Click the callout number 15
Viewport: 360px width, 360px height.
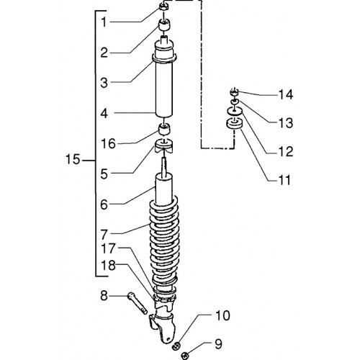[73, 159]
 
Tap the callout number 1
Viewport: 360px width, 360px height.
[104, 22]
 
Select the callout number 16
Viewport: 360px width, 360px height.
[108, 144]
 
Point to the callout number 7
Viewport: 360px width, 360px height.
[104, 235]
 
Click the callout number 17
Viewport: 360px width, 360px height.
[108, 248]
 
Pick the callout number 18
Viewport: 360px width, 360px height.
[108, 266]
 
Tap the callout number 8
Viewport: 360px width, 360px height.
[104, 296]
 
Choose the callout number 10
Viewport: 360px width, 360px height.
[222, 315]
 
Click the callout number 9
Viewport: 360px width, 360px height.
[218, 344]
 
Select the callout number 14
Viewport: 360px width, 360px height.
[286, 94]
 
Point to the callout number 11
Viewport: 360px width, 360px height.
[285, 180]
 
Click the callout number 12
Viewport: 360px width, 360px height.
[286, 152]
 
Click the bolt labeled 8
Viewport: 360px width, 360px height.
[138, 303]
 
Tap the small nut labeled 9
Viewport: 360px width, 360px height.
[185, 355]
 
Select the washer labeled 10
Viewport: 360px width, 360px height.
[176, 346]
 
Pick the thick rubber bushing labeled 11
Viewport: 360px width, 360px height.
[234, 125]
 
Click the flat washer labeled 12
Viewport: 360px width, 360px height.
[235, 111]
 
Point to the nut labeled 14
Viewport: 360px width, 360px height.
[235, 92]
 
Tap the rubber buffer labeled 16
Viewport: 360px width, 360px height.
[164, 129]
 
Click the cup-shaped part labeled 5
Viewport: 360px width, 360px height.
[164, 145]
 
